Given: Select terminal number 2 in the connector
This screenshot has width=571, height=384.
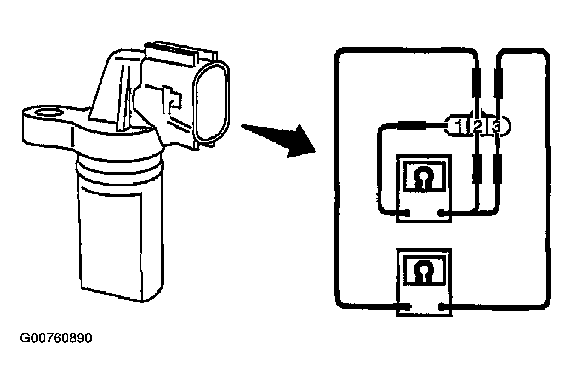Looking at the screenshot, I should point(477,127).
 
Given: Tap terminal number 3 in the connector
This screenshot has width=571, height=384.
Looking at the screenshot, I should point(496,127).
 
